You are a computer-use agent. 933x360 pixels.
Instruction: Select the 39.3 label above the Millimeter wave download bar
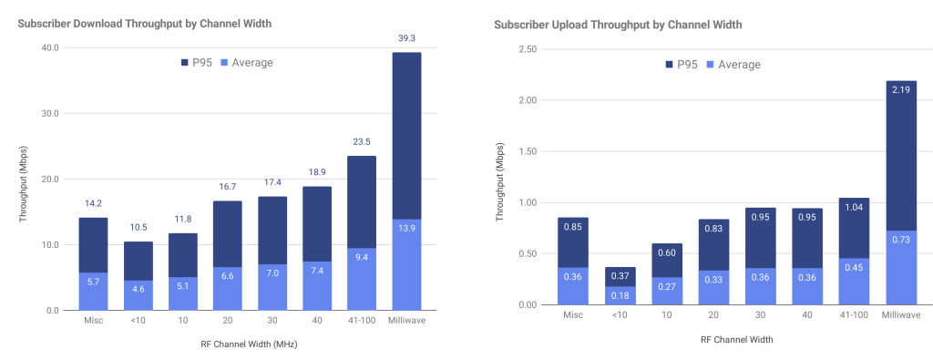tap(406, 39)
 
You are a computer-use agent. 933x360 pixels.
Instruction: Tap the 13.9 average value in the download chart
tap(406, 227)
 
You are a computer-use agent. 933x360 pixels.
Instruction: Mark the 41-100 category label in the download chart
tap(362, 321)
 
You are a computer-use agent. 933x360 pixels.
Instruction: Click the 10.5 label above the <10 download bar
tap(138, 228)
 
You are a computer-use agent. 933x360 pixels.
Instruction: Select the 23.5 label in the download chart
tap(362, 142)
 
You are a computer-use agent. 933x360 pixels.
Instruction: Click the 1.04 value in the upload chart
tap(854, 207)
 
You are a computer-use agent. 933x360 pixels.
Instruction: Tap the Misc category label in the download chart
tap(94, 321)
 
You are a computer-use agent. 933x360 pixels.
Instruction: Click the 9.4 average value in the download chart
tap(362, 256)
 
